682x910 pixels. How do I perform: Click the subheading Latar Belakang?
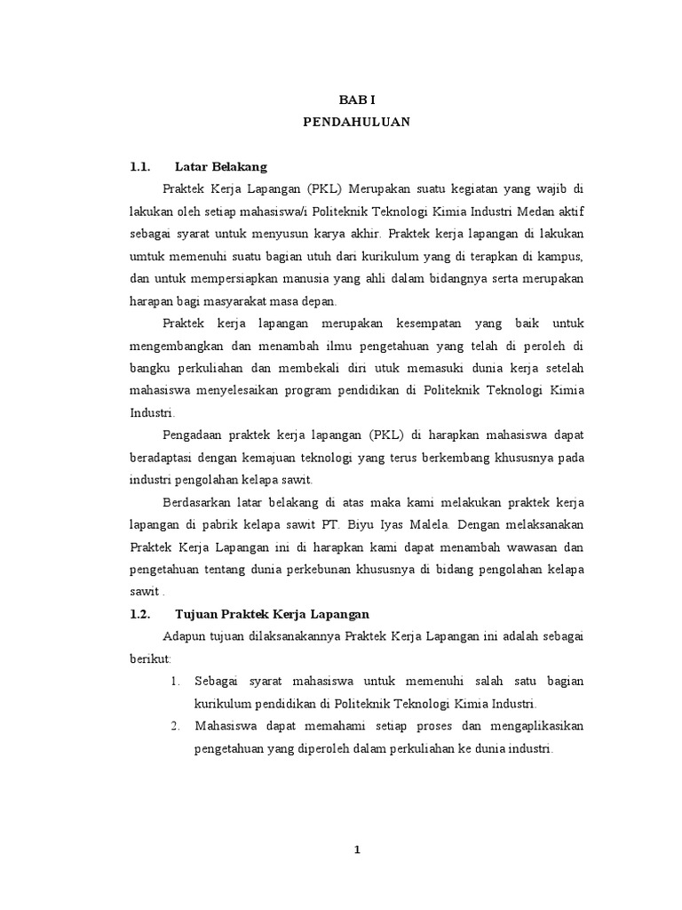pos(221,166)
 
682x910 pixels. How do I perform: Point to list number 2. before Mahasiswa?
pos(175,726)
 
